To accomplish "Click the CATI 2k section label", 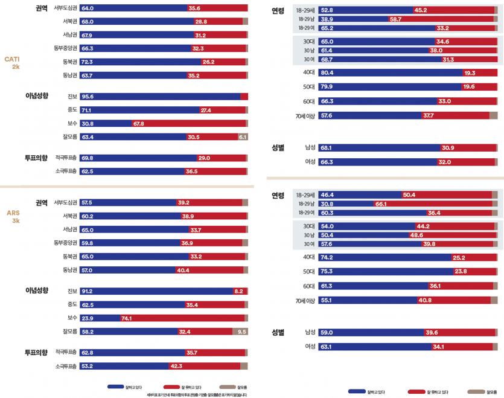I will pos(12,62).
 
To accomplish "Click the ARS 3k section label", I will pos(12,216).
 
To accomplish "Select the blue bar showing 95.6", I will pos(159,96).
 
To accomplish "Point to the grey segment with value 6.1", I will pos(243,137).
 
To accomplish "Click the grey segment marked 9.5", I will pos(240,332).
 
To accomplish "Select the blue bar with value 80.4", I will pos(390,72).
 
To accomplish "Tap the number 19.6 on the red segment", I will pos(468,87).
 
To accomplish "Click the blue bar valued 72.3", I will pos(140,62).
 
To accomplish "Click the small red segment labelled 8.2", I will pos(239,291).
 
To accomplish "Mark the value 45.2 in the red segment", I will pos(421,10).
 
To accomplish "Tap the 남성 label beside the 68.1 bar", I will pos(310,147).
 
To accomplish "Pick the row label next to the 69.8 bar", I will pos(66,158).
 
